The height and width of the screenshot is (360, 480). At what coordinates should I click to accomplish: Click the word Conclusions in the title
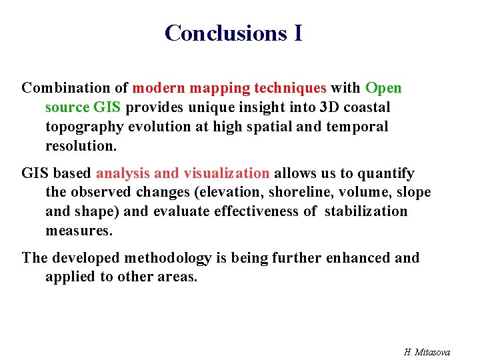pos(225,33)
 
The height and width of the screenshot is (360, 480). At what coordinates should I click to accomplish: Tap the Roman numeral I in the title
pos(297,33)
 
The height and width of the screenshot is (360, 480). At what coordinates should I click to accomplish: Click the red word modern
pos(158,88)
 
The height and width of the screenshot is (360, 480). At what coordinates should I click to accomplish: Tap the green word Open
pos(383,88)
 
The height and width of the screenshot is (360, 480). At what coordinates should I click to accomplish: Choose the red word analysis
pos(123,173)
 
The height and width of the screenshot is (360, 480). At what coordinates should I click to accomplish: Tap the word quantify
pos(385,173)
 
